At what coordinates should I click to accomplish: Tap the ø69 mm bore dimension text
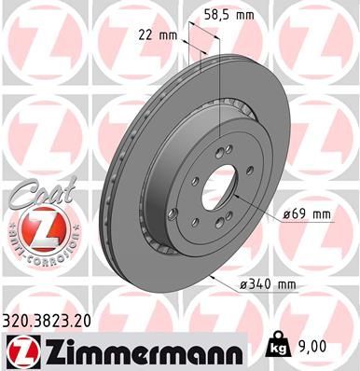click(307, 214)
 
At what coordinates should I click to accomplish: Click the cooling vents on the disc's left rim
click(111, 186)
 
